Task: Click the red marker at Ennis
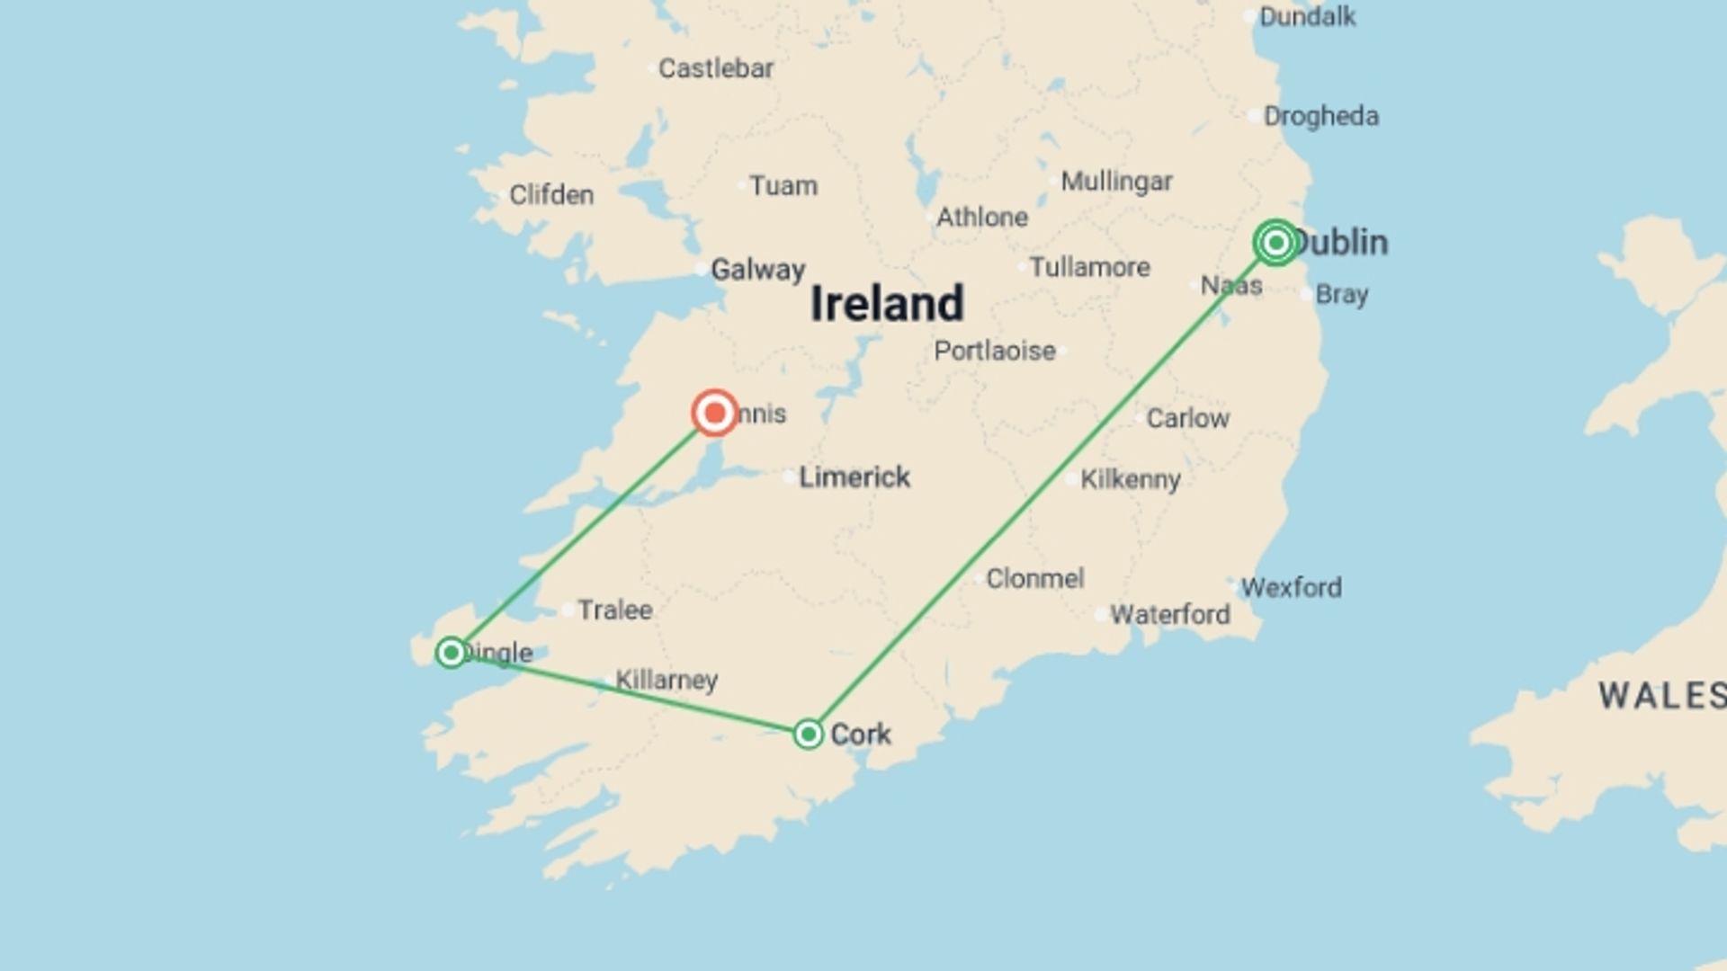(x=715, y=414)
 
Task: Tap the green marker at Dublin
(x=1275, y=243)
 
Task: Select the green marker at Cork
(x=809, y=734)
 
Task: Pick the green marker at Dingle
(x=452, y=652)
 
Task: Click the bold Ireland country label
(x=887, y=303)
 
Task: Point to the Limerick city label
(x=855, y=477)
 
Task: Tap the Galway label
(x=757, y=269)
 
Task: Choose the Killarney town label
(x=667, y=680)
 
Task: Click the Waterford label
(x=1169, y=614)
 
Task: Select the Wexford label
(x=1292, y=587)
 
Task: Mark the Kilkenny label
(x=1130, y=479)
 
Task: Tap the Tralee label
(x=614, y=610)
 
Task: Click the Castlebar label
(x=715, y=68)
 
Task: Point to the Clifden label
(x=550, y=194)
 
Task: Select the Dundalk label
(x=1307, y=16)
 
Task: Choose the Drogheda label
(x=1320, y=116)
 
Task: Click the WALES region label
(x=1660, y=695)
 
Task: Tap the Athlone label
(x=981, y=217)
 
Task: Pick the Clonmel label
(x=1034, y=578)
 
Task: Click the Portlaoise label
(x=994, y=351)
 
